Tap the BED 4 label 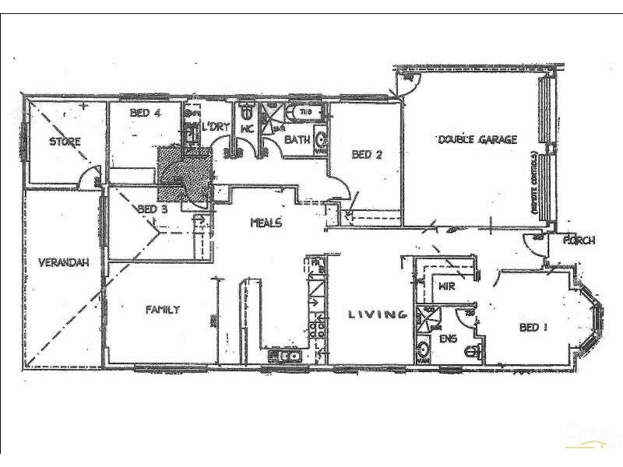(x=145, y=113)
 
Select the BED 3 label (x=153, y=209)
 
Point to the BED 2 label (x=367, y=154)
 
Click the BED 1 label (x=533, y=327)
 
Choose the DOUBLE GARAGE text (x=477, y=140)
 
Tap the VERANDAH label (x=62, y=263)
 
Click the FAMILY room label (x=163, y=310)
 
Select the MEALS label (x=265, y=223)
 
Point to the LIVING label (x=378, y=314)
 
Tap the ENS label (x=446, y=339)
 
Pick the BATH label (x=296, y=140)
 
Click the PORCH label (x=579, y=241)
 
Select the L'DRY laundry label (x=213, y=127)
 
